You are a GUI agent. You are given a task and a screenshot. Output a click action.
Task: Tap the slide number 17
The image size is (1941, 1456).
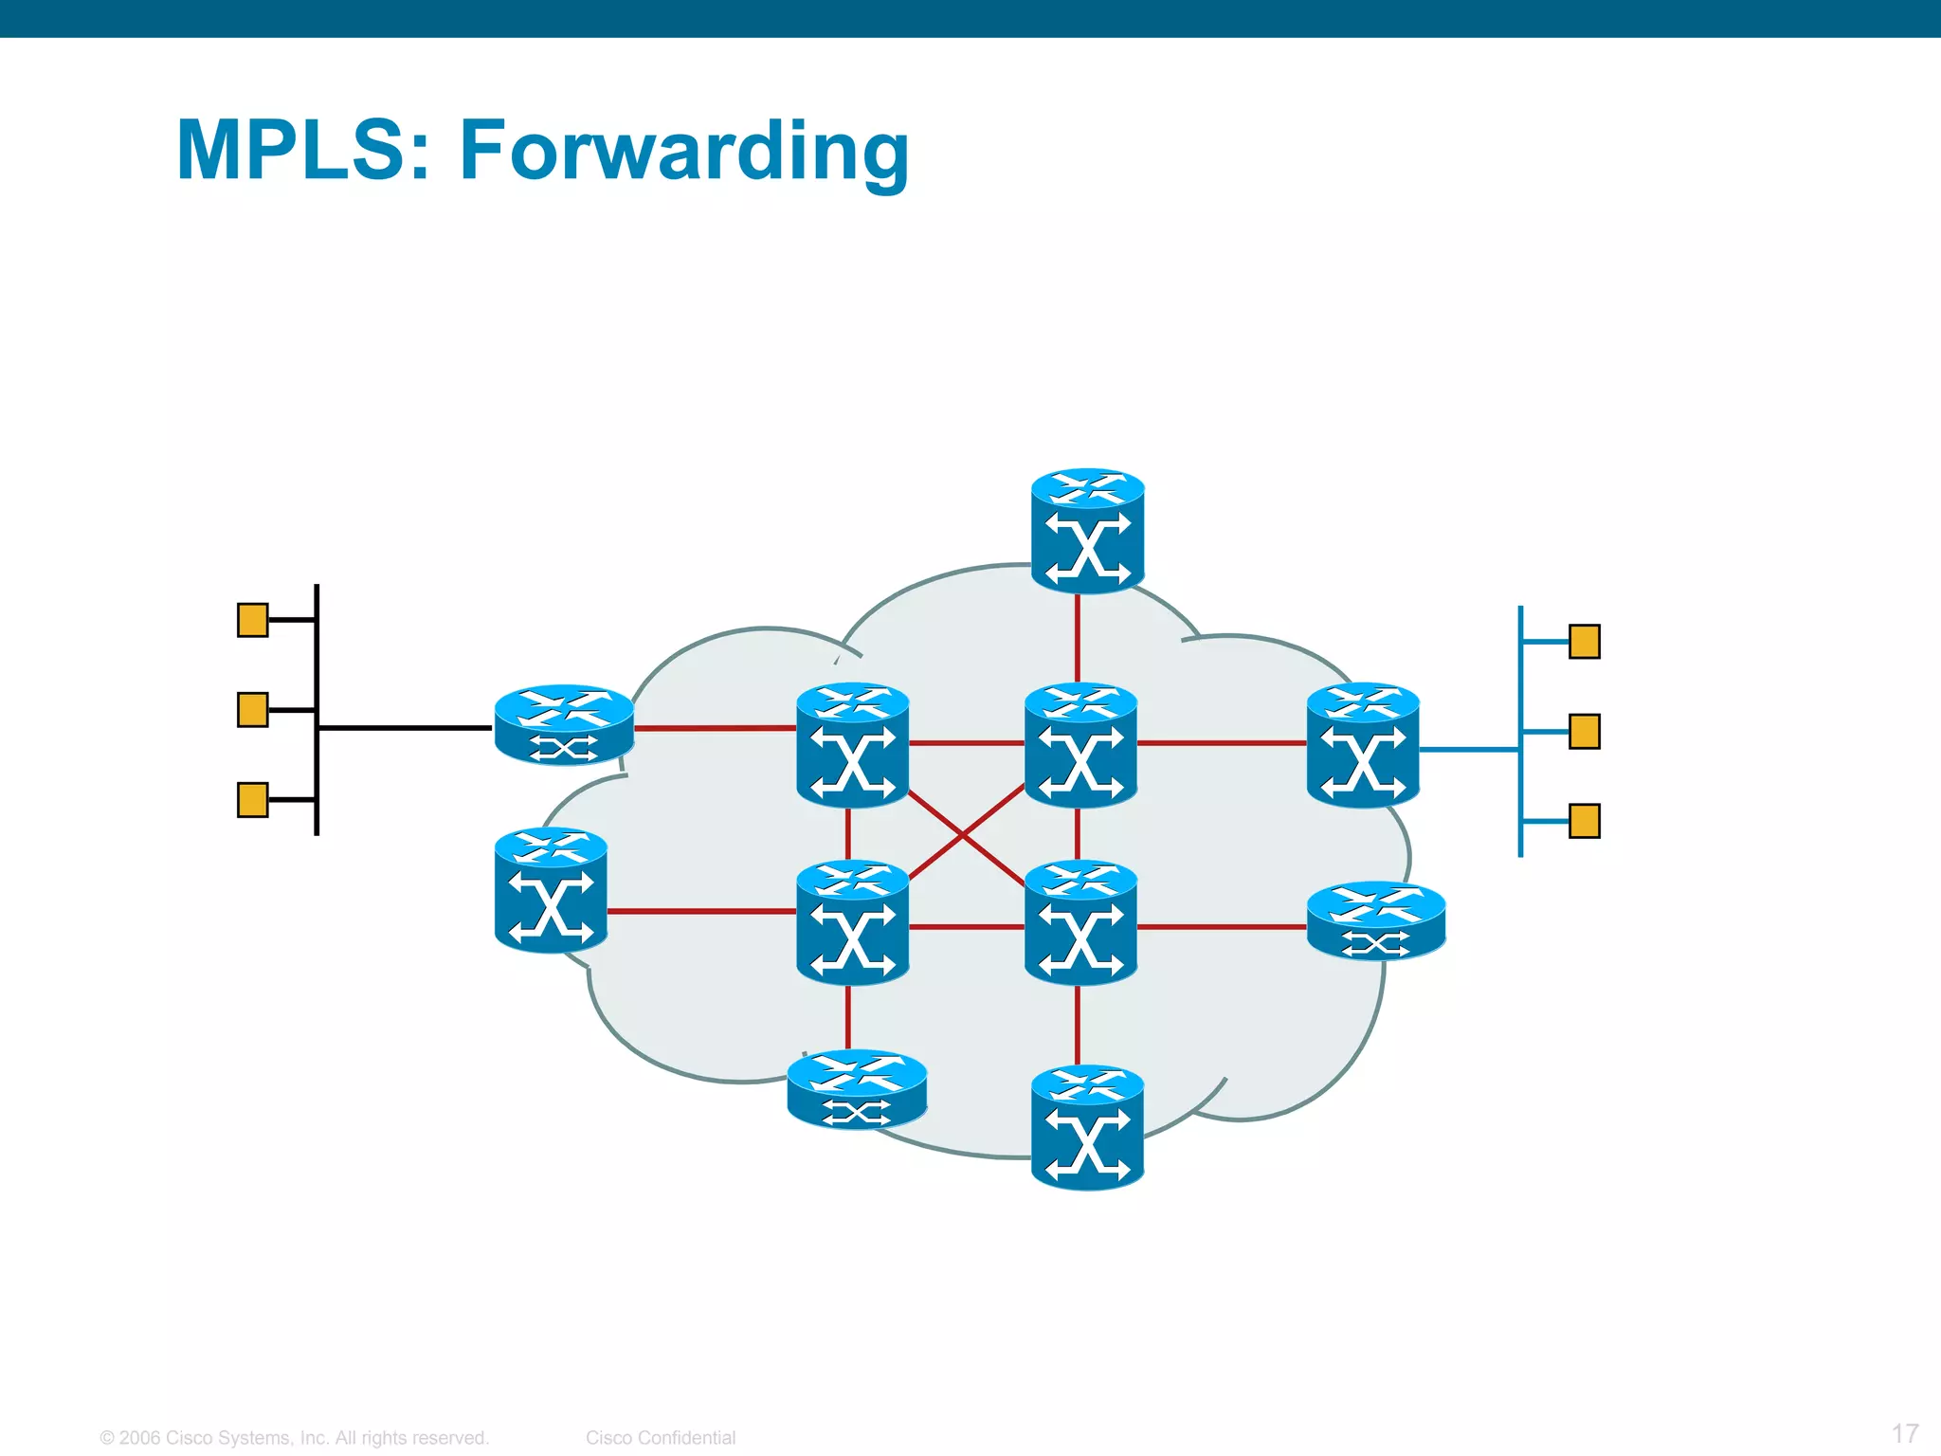pos(1905,1433)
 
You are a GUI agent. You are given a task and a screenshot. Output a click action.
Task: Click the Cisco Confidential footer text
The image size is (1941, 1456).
pos(661,1438)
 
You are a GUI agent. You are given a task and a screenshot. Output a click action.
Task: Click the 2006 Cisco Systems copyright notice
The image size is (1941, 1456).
pos(294,1438)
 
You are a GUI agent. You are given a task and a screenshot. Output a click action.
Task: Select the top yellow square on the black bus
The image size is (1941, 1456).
pos(252,620)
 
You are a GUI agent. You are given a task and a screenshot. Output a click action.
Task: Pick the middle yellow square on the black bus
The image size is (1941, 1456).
pos(252,709)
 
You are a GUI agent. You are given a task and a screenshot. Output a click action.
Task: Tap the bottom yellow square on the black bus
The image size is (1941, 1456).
pos(252,799)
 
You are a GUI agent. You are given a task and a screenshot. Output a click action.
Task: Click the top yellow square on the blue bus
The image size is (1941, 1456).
pos(1585,642)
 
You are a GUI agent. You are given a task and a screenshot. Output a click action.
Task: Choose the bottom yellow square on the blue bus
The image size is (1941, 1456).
pos(1585,821)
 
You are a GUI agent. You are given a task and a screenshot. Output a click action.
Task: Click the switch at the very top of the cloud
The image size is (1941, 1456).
pos(1087,531)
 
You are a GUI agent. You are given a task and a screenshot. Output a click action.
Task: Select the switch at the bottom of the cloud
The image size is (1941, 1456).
pos(1087,1128)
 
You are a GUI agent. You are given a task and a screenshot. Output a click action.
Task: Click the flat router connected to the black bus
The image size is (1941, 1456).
pos(564,725)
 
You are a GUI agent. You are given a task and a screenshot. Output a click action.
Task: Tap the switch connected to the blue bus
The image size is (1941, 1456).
pos(1363,745)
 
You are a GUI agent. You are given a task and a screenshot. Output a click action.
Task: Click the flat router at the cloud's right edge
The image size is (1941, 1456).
pos(1376,920)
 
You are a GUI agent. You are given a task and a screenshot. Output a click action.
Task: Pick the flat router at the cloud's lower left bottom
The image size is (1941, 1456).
pos(857,1089)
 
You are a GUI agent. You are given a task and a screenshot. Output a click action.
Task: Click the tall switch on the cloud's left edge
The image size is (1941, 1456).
pos(551,890)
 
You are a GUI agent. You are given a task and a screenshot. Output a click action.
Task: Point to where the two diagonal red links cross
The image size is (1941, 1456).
pos(964,835)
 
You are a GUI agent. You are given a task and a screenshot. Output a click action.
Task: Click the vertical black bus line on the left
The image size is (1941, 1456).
pos(317,664)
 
